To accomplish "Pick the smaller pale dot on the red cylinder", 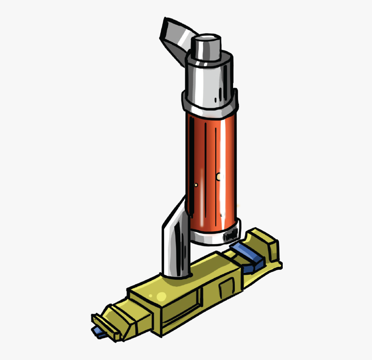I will click(196, 185).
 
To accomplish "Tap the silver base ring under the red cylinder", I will click(215, 238).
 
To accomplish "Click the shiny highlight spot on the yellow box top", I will click(159, 295).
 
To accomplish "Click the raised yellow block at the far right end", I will click(265, 248).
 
